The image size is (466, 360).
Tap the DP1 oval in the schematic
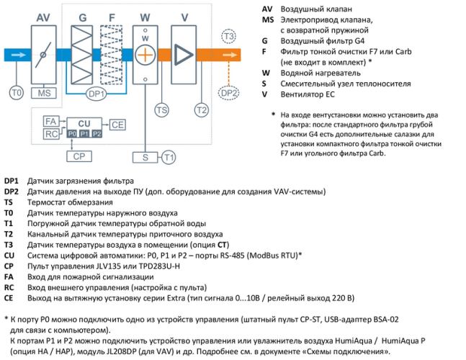(97, 94)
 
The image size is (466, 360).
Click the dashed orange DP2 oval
(228, 92)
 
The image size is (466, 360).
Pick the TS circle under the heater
(162, 109)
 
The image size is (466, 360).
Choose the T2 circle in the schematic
(201, 109)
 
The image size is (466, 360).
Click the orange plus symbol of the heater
(145, 55)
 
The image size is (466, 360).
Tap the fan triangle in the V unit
(184, 55)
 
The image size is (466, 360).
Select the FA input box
(50, 121)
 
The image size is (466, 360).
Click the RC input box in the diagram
(50, 134)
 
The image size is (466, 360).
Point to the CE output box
(117, 125)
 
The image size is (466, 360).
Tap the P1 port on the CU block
(84, 134)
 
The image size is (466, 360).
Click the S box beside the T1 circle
(145, 156)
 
